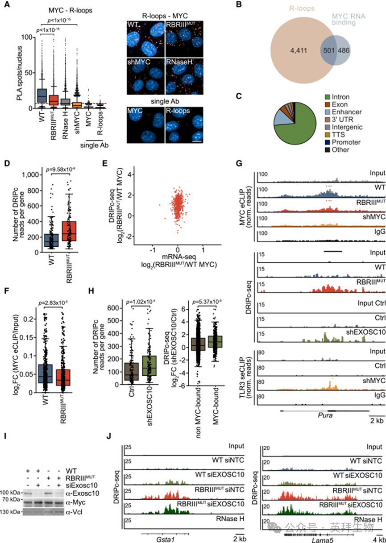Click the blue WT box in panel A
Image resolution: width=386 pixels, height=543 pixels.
coord(42,96)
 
